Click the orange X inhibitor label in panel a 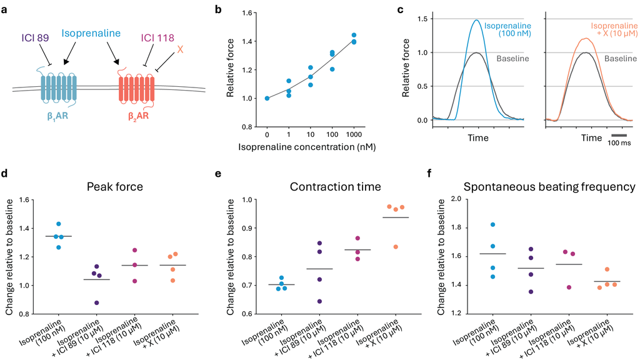coord(180,50)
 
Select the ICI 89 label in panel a coord(35,38)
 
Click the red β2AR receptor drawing coord(137,87)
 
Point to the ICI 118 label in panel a coord(157,38)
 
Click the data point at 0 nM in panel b coord(267,98)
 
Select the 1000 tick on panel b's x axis coord(354,135)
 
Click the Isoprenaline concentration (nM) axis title coord(307,147)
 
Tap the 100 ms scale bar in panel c coord(619,135)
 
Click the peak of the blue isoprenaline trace coord(476,20)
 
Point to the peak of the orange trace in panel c coord(586,38)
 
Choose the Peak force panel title coord(115,187)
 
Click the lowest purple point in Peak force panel coord(96,303)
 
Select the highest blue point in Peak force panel coord(58,224)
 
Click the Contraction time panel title coord(336,187)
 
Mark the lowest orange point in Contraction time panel coord(396,247)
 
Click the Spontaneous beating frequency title coord(549,187)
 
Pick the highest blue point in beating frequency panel coord(492,224)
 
